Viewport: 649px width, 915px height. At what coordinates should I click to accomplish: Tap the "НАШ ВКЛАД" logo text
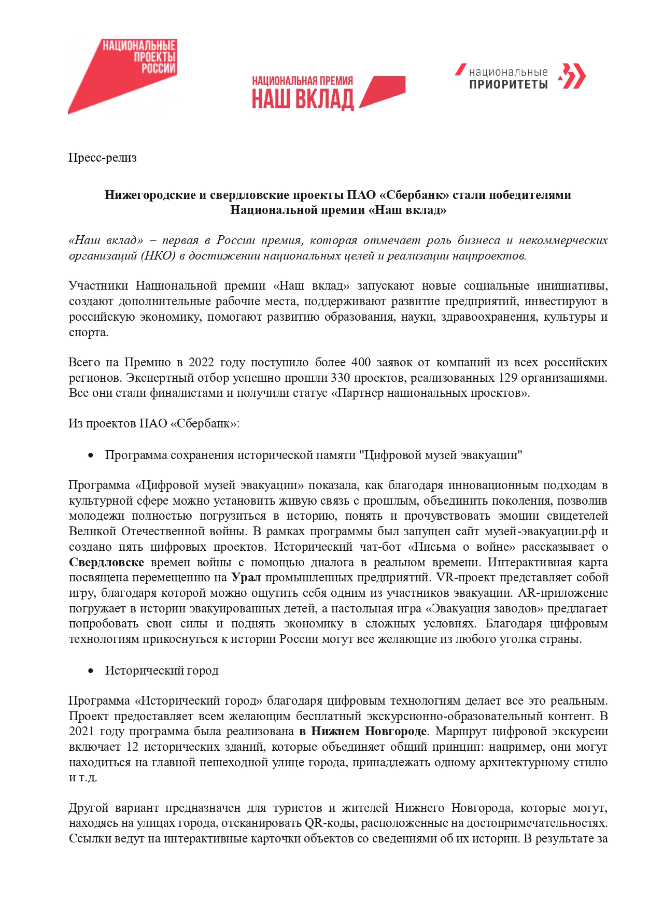click(x=303, y=99)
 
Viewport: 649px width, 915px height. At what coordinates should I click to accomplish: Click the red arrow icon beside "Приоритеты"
click(x=572, y=77)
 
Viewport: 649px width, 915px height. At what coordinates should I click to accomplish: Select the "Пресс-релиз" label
click(x=102, y=158)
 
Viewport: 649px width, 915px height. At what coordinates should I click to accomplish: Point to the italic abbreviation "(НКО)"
click(x=159, y=255)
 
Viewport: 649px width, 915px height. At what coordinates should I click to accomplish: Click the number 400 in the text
click(x=361, y=362)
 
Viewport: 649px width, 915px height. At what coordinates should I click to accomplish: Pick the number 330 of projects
click(x=340, y=378)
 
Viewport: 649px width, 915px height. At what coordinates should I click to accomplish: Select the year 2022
click(x=201, y=362)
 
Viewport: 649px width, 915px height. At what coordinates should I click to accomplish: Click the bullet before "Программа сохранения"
click(x=91, y=455)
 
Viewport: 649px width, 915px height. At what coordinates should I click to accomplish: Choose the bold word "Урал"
click(x=246, y=577)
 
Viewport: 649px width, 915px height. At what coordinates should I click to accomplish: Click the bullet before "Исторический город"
click(x=91, y=671)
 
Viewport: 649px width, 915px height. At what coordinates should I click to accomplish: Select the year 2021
click(x=81, y=732)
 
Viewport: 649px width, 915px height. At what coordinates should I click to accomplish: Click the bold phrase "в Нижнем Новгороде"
click(x=363, y=732)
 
